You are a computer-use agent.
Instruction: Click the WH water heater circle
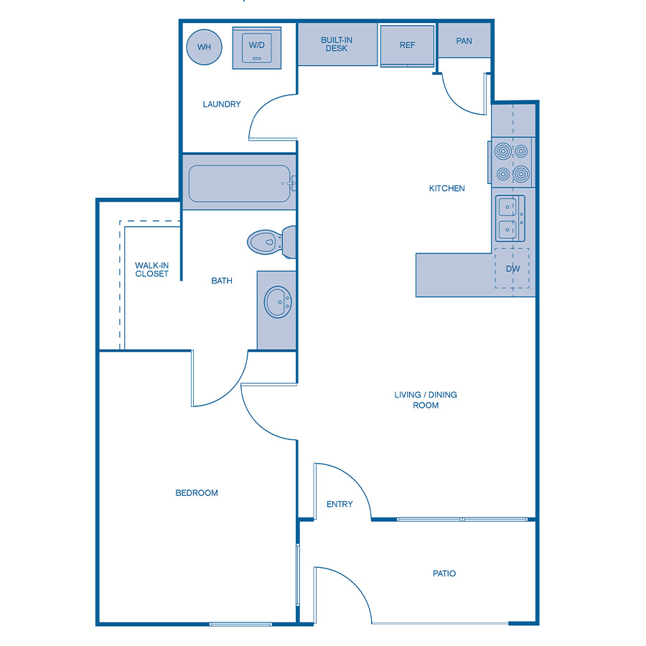click(x=204, y=47)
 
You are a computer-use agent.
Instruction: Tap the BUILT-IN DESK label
click(x=336, y=45)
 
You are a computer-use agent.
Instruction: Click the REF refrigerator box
click(x=407, y=45)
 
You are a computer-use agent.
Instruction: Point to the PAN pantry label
click(x=464, y=41)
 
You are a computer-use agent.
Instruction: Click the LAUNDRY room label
click(x=222, y=104)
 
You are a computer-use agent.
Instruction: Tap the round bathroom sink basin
click(x=276, y=303)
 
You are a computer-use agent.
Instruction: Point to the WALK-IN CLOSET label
click(x=151, y=270)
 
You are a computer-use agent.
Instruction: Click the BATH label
click(x=222, y=281)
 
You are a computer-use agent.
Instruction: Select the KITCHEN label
click(x=447, y=189)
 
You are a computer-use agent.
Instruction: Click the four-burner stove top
click(x=511, y=162)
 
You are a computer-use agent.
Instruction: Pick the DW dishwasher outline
click(x=512, y=268)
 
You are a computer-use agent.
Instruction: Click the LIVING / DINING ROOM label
click(x=426, y=400)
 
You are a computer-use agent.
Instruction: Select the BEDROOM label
click(x=197, y=493)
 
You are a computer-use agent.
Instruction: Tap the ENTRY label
click(x=340, y=505)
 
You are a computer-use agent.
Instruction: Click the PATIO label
click(x=444, y=574)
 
